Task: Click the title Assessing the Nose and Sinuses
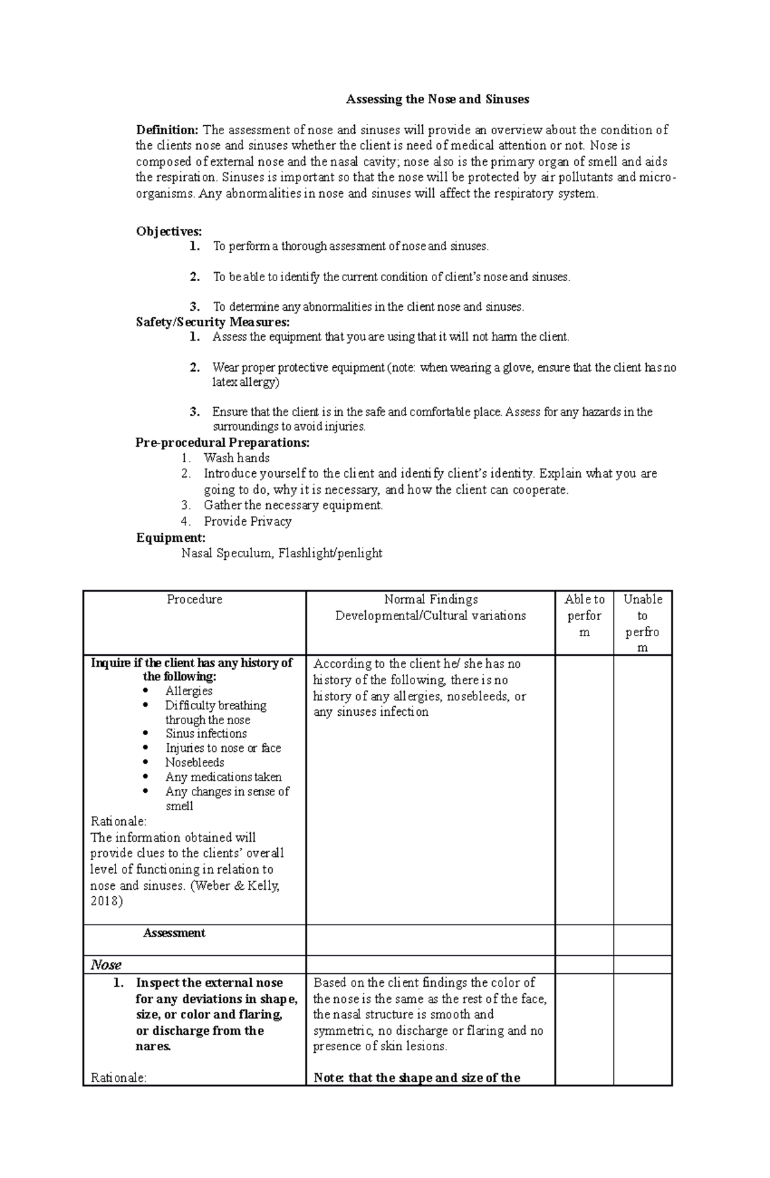pos(438,100)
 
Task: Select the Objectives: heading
pos(169,231)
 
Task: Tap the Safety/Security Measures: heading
pos(212,322)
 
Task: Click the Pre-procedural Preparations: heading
pos(223,442)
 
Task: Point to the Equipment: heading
pos(171,537)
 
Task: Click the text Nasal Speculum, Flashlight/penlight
pos(282,553)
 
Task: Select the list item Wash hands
pos(236,458)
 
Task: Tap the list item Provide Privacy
pos(247,521)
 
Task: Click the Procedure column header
pos(194,599)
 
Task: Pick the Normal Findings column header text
pos(431,599)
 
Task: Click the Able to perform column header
pos(584,615)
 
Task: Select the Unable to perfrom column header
pos(642,623)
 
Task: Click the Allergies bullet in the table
pos(189,691)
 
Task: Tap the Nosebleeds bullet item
pos(194,763)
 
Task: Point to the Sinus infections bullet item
pos(206,734)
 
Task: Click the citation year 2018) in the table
pos(107,901)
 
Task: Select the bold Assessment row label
pos(174,933)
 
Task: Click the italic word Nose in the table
pos(106,964)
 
